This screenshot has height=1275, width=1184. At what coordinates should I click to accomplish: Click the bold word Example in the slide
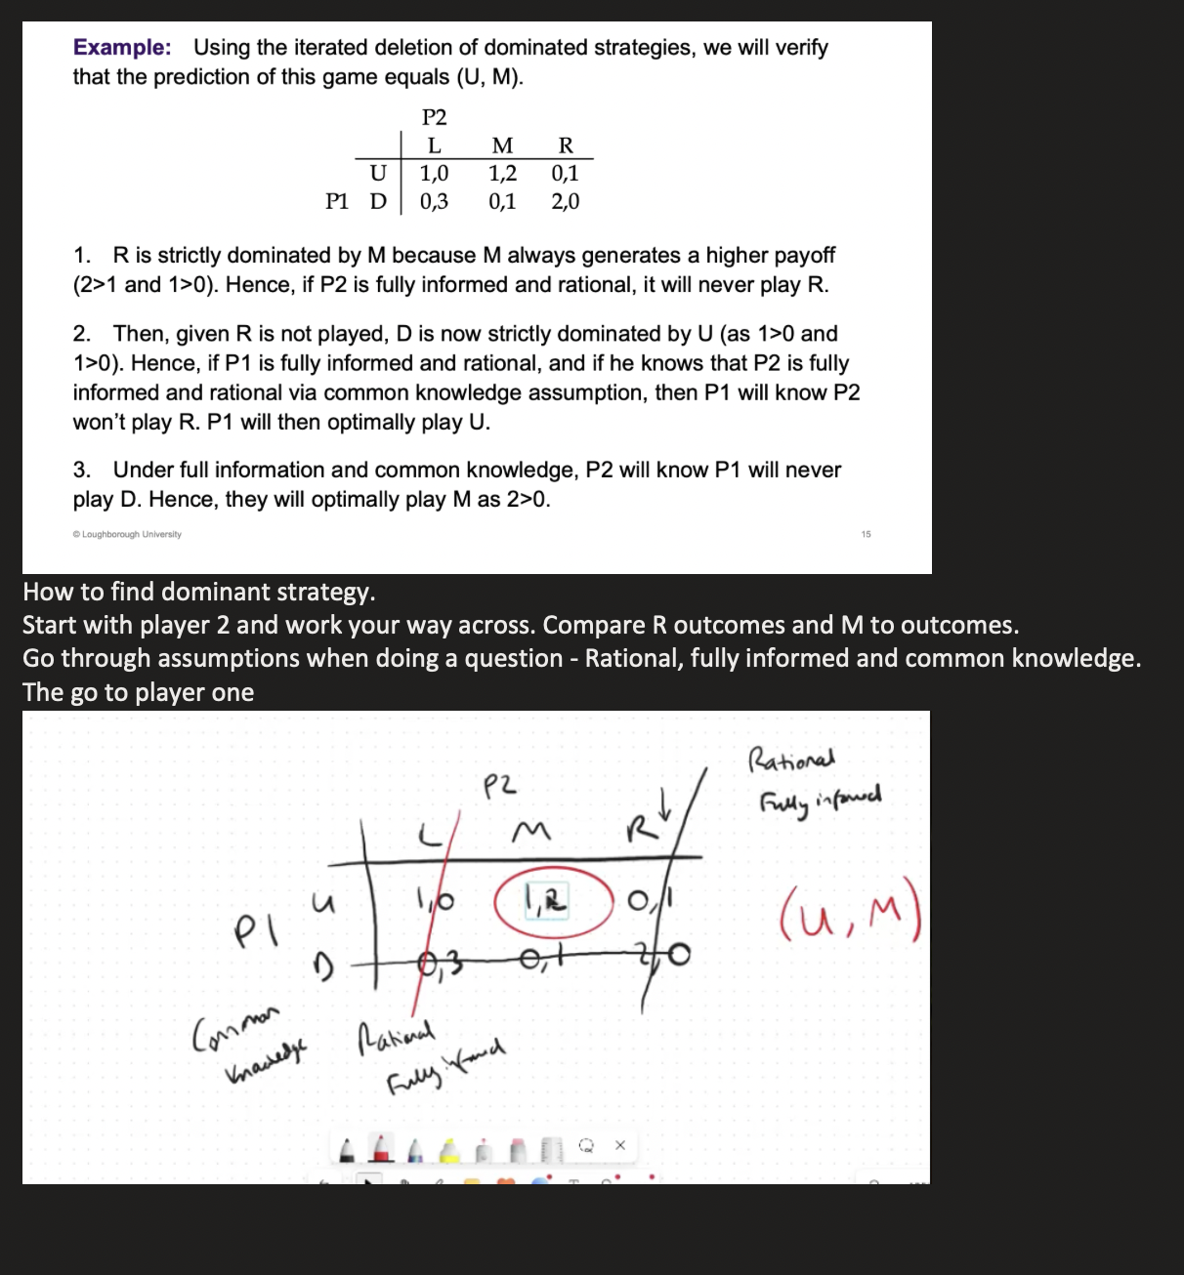pos(122,48)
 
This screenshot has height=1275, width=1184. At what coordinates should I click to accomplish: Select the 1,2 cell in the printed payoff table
pos(502,174)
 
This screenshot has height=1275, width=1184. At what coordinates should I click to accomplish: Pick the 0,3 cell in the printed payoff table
pos(434,202)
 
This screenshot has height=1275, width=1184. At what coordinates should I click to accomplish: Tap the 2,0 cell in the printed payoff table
pos(565,202)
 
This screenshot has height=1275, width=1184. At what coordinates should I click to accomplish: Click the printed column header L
pos(434,146)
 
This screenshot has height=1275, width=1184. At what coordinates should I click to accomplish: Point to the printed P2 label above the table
pos(434,118)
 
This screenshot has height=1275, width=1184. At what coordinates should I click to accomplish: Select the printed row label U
pos(378,174)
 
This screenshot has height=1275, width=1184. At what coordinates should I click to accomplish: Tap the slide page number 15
pos(866,534)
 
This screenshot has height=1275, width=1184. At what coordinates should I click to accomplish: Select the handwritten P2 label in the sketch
pos(500,785)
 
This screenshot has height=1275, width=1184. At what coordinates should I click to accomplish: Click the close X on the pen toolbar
pos(619,1144)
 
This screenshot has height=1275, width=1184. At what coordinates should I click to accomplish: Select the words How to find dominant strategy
pos(198,593)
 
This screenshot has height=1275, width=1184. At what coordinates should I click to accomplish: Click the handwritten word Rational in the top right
pos(791,759)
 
